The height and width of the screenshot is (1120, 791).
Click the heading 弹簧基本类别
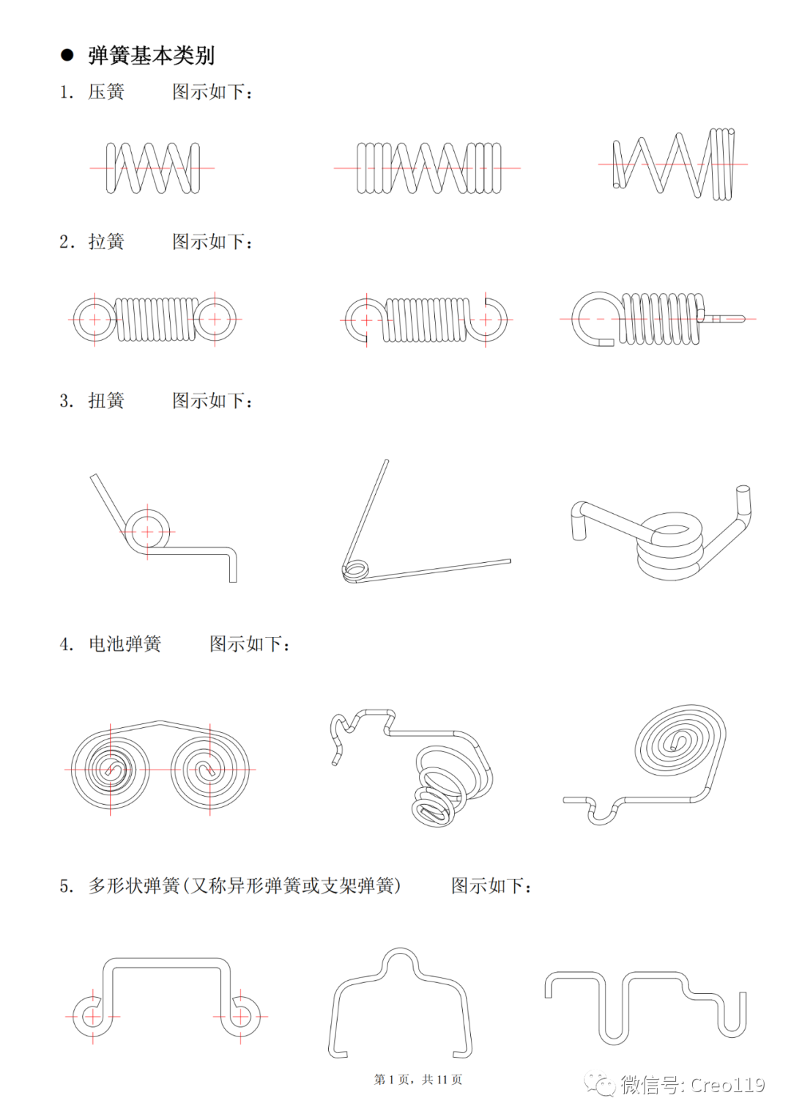pos(151,55)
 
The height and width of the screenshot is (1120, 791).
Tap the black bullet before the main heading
pos(67,55)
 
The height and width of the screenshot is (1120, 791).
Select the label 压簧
pos(106,92)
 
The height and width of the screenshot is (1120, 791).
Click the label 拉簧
pos(106,242)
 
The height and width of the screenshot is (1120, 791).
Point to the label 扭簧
pos(106,401)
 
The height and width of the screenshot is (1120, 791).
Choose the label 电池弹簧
pos(125,644)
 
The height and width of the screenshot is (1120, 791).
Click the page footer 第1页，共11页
pos(417,1080)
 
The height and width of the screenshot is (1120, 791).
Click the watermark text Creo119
pos(727,1085)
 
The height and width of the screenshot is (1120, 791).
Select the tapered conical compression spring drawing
pos(673,164)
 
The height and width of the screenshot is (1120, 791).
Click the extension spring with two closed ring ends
pos(155,320)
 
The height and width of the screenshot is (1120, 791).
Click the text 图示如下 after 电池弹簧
pos(249,644)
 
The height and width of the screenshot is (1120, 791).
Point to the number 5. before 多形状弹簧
pos(67,886)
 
